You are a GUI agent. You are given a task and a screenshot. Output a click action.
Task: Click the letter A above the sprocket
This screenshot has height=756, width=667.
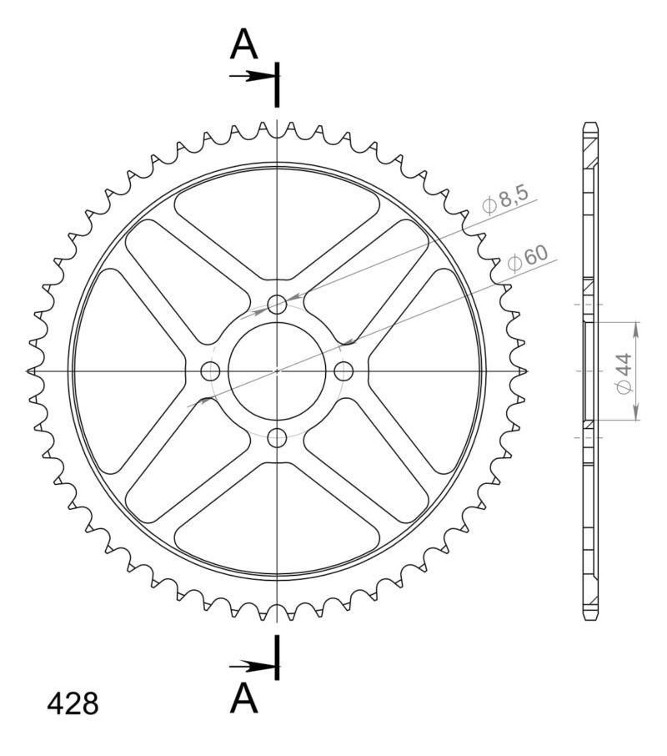244,45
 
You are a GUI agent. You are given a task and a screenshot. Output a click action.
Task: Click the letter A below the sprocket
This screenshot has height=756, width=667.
244,697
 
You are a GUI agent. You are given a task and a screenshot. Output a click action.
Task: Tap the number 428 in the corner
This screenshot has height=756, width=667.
73,703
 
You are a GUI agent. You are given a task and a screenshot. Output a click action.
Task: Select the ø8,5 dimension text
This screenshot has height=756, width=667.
504,201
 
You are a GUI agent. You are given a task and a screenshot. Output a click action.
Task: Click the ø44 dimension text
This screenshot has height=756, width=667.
623,373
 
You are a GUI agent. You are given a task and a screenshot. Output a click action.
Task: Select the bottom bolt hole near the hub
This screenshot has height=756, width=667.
278,436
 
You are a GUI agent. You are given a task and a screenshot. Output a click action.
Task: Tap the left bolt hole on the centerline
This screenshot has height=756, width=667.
211,370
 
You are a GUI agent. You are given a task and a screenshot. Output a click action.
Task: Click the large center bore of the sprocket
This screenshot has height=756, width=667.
278,370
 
